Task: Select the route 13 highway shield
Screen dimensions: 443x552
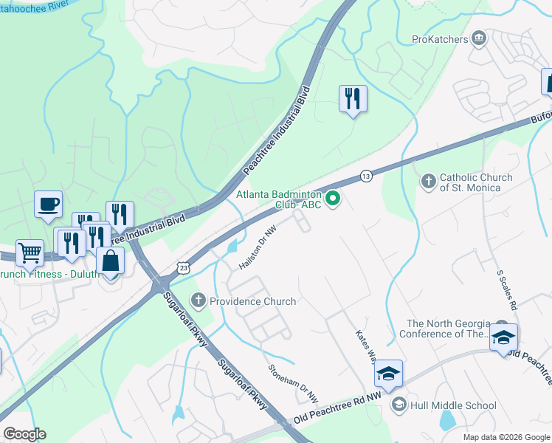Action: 366,176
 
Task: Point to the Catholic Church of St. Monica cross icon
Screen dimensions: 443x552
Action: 428,181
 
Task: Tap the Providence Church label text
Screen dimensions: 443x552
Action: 252,301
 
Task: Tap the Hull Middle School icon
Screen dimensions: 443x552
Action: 399,404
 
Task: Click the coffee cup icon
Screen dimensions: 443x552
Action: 49,204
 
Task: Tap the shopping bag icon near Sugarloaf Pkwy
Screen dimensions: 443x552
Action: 110,261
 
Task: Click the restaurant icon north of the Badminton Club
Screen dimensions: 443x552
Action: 353,97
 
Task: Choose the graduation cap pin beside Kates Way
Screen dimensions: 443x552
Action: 388,374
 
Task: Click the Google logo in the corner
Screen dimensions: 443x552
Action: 24,433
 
